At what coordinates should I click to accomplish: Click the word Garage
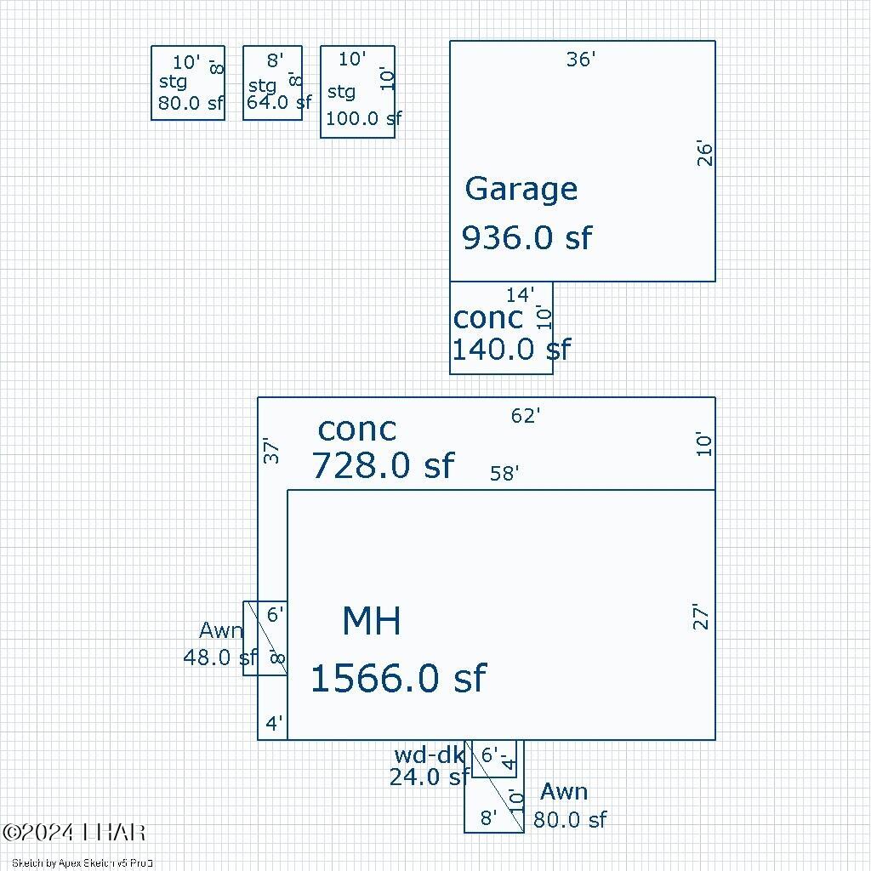click(x=521, y=189)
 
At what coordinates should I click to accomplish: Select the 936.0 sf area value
click(x=527, y=238)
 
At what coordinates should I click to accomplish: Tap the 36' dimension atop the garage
click(x=581, y=60)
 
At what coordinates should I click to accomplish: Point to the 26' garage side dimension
click(x=705, y=153)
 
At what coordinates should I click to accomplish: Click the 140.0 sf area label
click(x=510, y=350)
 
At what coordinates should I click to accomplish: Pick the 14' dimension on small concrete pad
click(x=520, y=295)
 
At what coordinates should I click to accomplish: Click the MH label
click(x=371, y=622)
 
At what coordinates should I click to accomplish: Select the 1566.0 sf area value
click(x=397, y=679)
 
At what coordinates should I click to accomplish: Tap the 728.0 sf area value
click(x=383, y=466)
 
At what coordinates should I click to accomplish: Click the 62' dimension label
click(x=526, y=416)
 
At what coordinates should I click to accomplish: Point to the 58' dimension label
click(x=504, y=474)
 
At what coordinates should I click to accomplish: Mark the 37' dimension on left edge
click(x=271, y=450)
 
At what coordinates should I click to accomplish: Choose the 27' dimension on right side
click(x=701, y=617)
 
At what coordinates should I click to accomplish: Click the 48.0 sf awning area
click(x=219, y=658)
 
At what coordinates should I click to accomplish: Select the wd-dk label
click(x=429, y=754)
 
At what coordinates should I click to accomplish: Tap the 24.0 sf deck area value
click(x=429, y=777)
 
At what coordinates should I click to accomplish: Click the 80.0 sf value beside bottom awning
click(x=570, y=820)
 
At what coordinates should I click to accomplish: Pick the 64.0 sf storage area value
click(x=279, y=103)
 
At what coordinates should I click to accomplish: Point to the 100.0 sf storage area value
click(x=363, y=118)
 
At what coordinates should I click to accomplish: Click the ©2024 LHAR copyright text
click(x=74, y=833)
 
